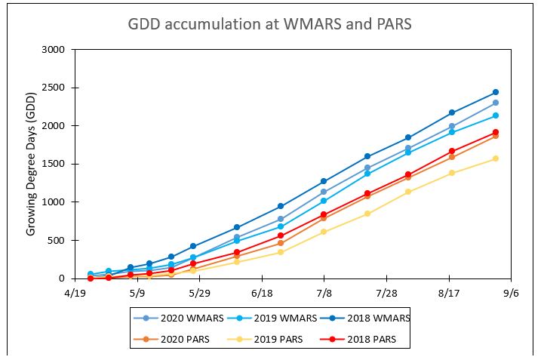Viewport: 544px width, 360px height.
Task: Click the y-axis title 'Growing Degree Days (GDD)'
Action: pos(32,165)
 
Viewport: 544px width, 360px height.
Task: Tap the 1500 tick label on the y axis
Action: pos(59,164)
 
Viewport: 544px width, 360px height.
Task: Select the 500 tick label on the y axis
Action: pos(62,241)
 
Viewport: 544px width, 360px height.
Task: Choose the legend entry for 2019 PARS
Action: pos(275,340)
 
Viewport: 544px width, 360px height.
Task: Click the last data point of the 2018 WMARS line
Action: pos(496,92)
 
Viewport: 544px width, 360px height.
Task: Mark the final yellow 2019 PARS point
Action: pos(496,158)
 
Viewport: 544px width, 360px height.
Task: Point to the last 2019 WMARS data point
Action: pos(496,115)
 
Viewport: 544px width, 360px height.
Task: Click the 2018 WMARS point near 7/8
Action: pos(324,181)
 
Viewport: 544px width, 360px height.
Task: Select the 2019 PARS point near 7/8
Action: pos(324,232)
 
